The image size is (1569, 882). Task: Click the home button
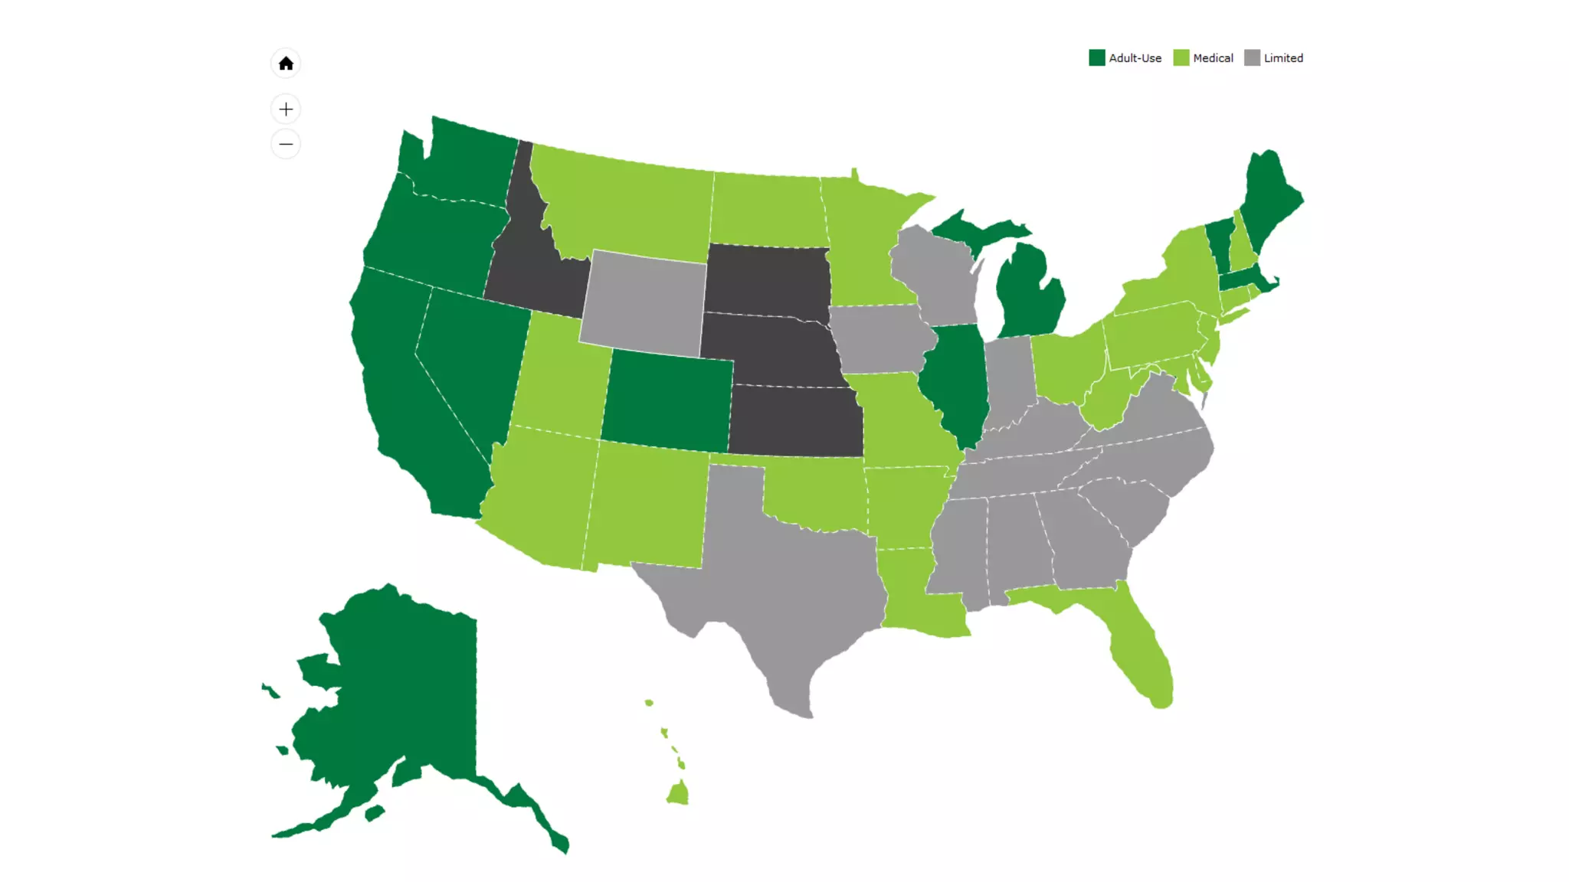coord(286,64)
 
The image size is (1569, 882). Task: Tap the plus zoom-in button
coord(286,109)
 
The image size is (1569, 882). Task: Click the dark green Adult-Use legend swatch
coord(1096,58)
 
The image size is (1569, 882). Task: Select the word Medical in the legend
coord(1213,58)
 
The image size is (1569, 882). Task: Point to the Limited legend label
coord(1283,58)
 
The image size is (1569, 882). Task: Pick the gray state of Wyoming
coord(644,302)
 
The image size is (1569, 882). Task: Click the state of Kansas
coord(797,421)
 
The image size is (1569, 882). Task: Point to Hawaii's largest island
coord(678,793)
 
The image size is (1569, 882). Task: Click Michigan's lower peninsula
coord(1030,295)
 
